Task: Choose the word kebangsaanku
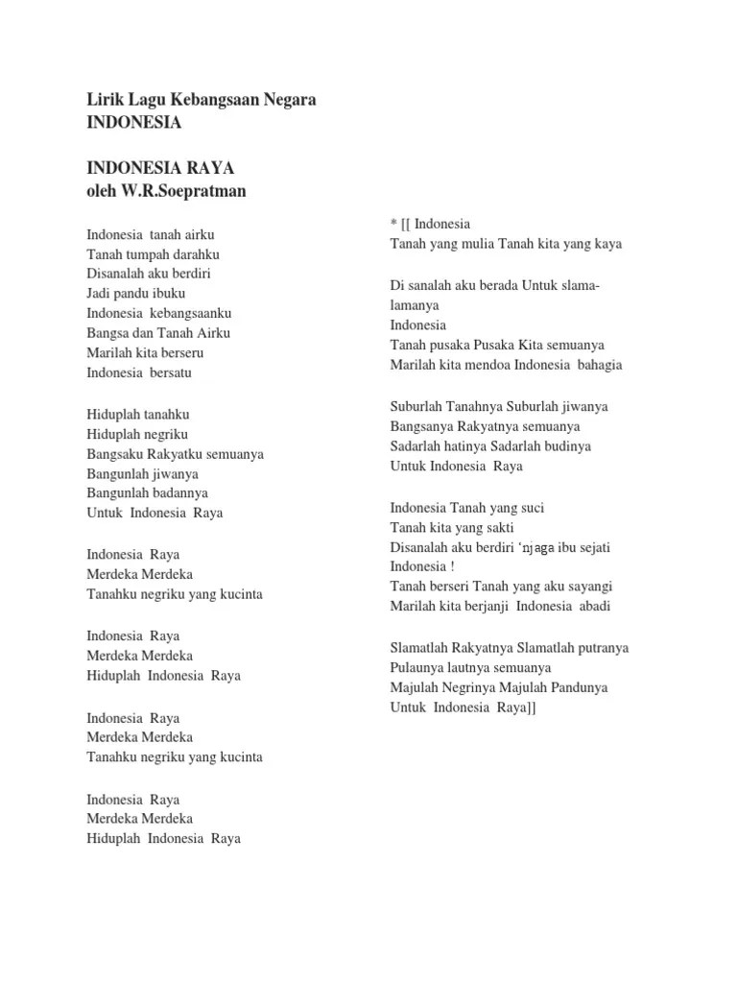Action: pos(191,313)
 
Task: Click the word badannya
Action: pos(177,493)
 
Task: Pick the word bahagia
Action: pos(600,365)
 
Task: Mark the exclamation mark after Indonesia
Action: pos(452,566)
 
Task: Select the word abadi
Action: pos(592,606)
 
